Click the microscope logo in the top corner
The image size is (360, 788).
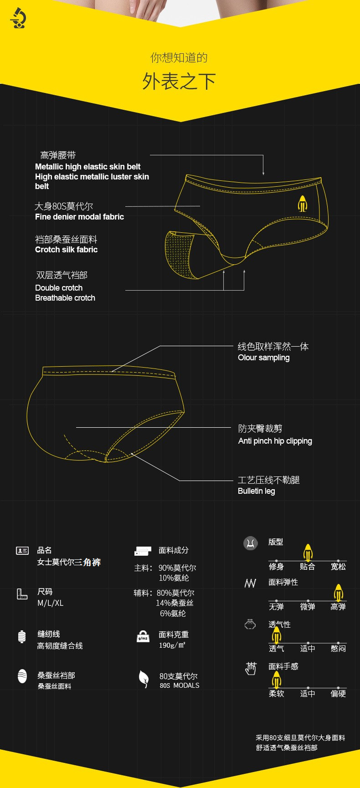pyautogui.click(x=18, y=18)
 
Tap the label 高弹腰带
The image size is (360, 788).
pyautogui.click(x=58, y=155)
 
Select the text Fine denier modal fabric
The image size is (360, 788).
pyautogui.click(x=79, y=217)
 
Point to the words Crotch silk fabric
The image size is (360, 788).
pyautogui.click(x=66, y=250)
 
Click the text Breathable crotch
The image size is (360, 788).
pyautogui.click(x=65, y=298)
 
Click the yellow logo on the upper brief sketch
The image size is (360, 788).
pyautogui.click(x=303, y=204)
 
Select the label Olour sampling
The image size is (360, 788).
pyautogui.click(x=263, y=358)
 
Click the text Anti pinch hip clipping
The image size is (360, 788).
pyautogui.click(x=275, y=441)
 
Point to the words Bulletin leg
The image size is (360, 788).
pyautogui.click(x=256, y=491)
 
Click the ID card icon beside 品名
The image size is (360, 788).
pyautogui.click(x=22, y=551)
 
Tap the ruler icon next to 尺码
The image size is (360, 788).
pyautogui.click(x=22, y=594)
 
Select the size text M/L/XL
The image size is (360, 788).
pyautogui.click(x=50, y=603)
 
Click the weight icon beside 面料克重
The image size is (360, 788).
pyautogui.click(x=143, y=636)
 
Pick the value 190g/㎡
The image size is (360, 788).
pyautogui.click(x=172, y=645)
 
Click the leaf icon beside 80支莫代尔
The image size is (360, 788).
pyautogui.click(x=144, y=679)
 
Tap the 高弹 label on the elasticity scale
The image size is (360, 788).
pyautogui.click(x=338, y=607)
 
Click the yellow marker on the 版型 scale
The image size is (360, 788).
pyautogui.click(x=308, y=552)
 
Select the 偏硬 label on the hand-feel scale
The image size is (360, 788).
pyautogui.click(x=338, y=694)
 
